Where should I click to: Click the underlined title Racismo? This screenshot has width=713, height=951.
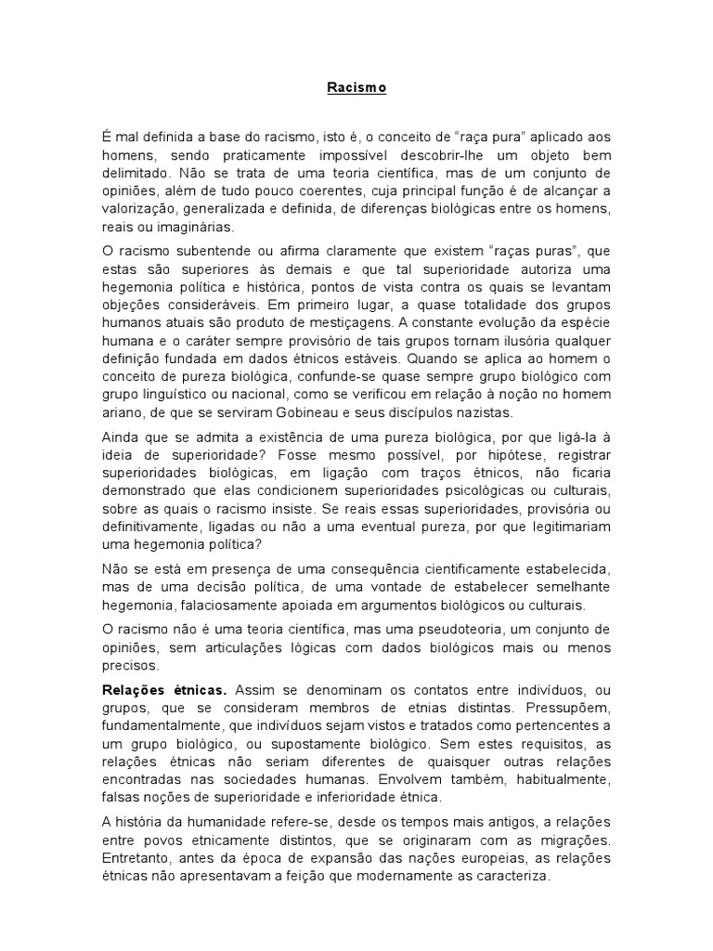(356, 89)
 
